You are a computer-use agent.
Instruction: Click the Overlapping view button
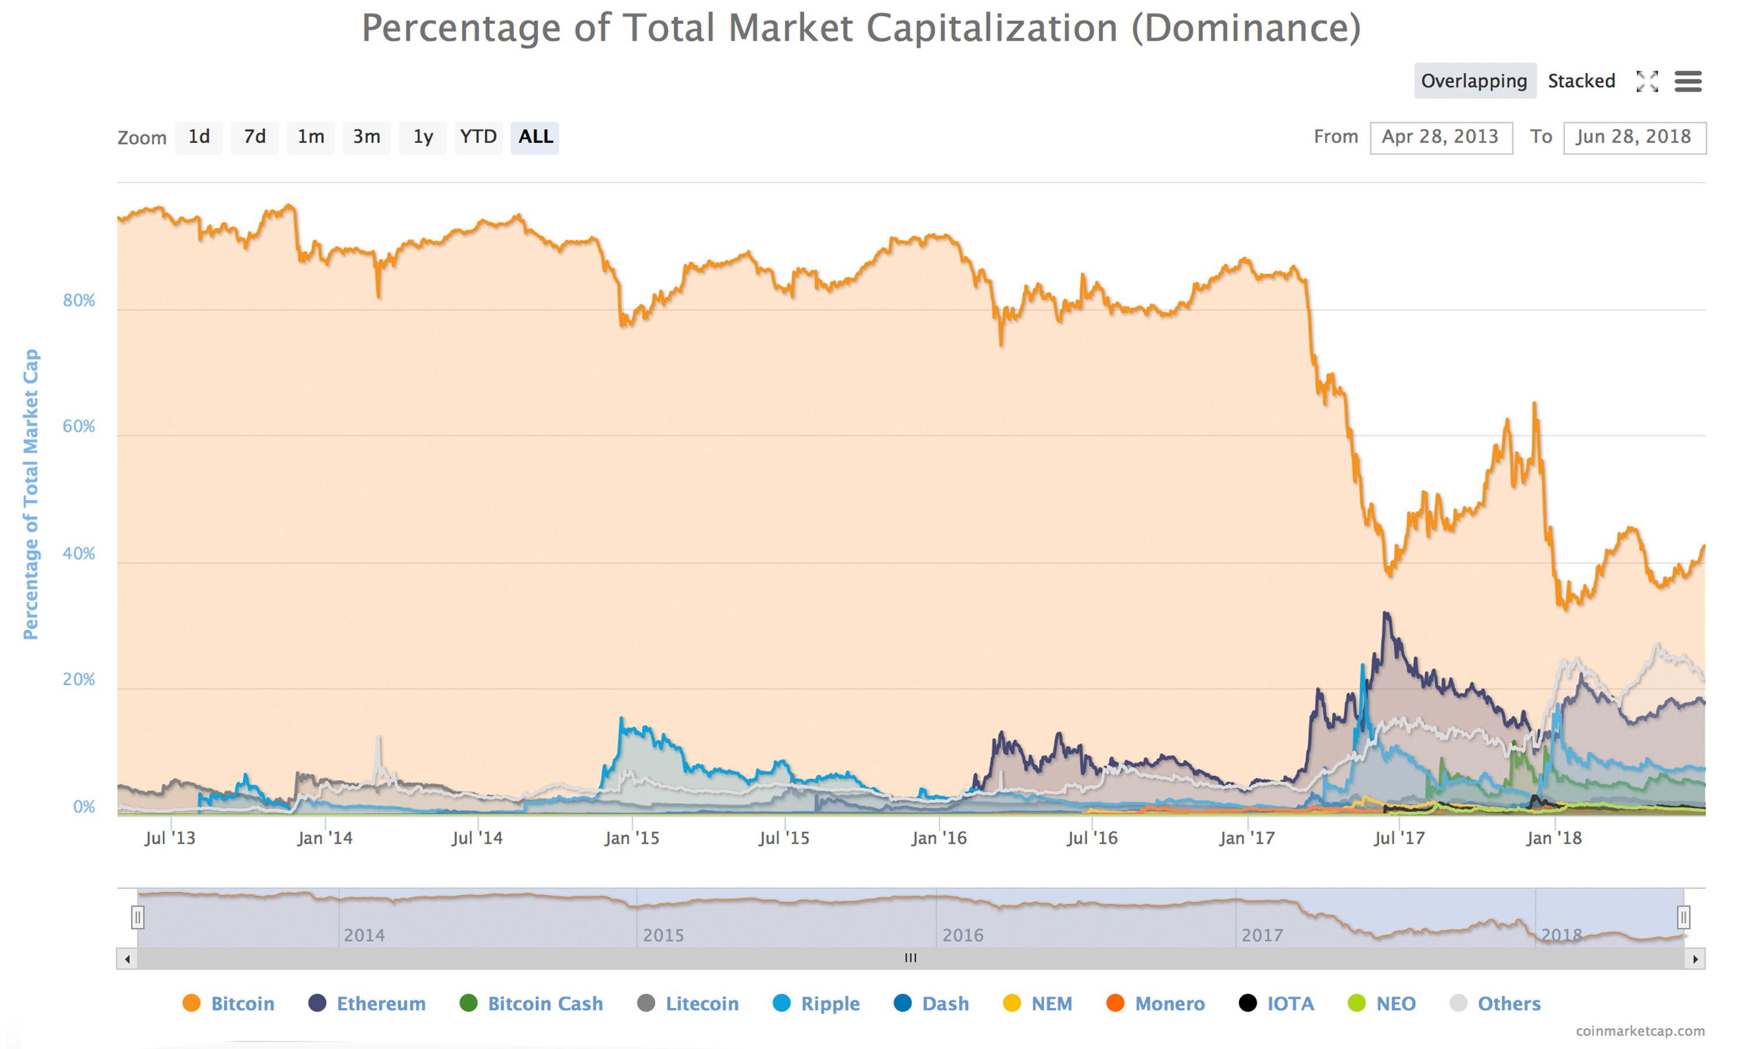pos(1474,81)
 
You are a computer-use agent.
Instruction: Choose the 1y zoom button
pos(423,137)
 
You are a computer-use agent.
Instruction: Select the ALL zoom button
pos(535,137)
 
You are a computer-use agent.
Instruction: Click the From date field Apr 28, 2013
pos(1440,137)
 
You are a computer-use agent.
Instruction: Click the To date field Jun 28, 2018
pos(1634,137)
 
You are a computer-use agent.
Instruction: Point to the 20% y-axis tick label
pos(79,680)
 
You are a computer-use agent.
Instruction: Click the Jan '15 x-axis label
pos(631,839)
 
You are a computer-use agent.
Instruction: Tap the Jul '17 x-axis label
pos(1399,839)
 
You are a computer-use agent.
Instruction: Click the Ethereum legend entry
pos(380,1004)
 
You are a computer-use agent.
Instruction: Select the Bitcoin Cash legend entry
pos(545,1004)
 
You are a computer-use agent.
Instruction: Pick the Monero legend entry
pos(1169,1004)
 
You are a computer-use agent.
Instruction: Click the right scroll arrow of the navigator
pos(1695,959)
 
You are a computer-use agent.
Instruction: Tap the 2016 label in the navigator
pos(962,935)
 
